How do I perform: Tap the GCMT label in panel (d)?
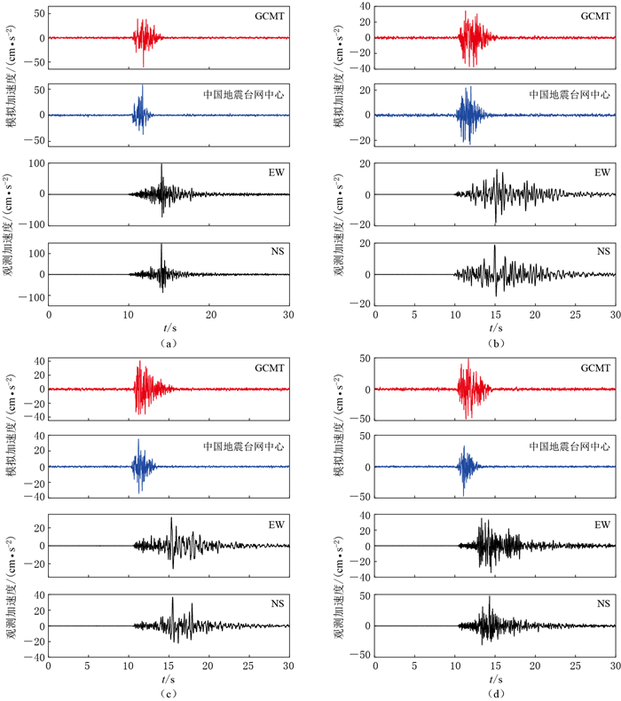(595, 367)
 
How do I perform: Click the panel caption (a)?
(169, 343)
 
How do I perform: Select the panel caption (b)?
(494, 343)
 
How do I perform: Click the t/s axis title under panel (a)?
(169, 327)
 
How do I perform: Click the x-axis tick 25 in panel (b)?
(575, 314)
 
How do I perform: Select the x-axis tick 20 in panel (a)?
(209, 314)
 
